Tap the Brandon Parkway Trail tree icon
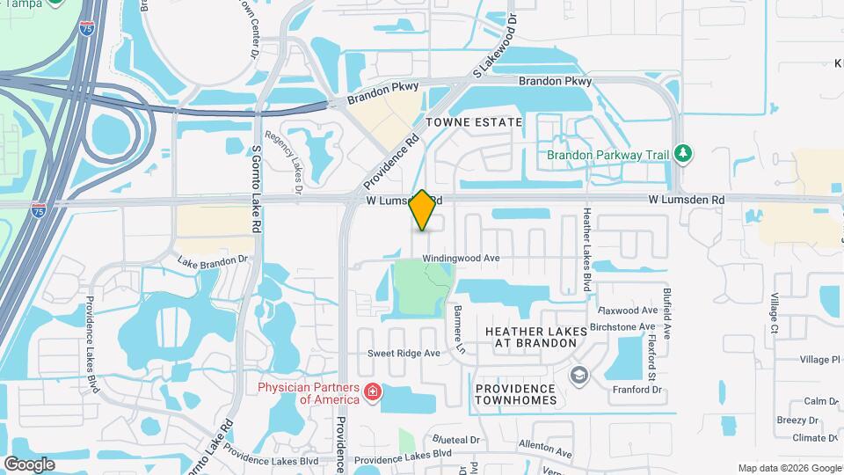pyautogui.click(x=682, y=155)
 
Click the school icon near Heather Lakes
pyautogui.click(x=578, y=377)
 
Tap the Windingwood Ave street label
pyautogui.click(x=461, y=258)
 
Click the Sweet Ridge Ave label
pyautogui.click(x=404, y=354)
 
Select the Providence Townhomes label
pyautogui.click(x=515, y=394)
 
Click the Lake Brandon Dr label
pyautogui.click(x=213, y=261)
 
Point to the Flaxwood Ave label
pyautogui.click(x=628, y=311)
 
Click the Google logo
pyautogui.click(x=29, y=464)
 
